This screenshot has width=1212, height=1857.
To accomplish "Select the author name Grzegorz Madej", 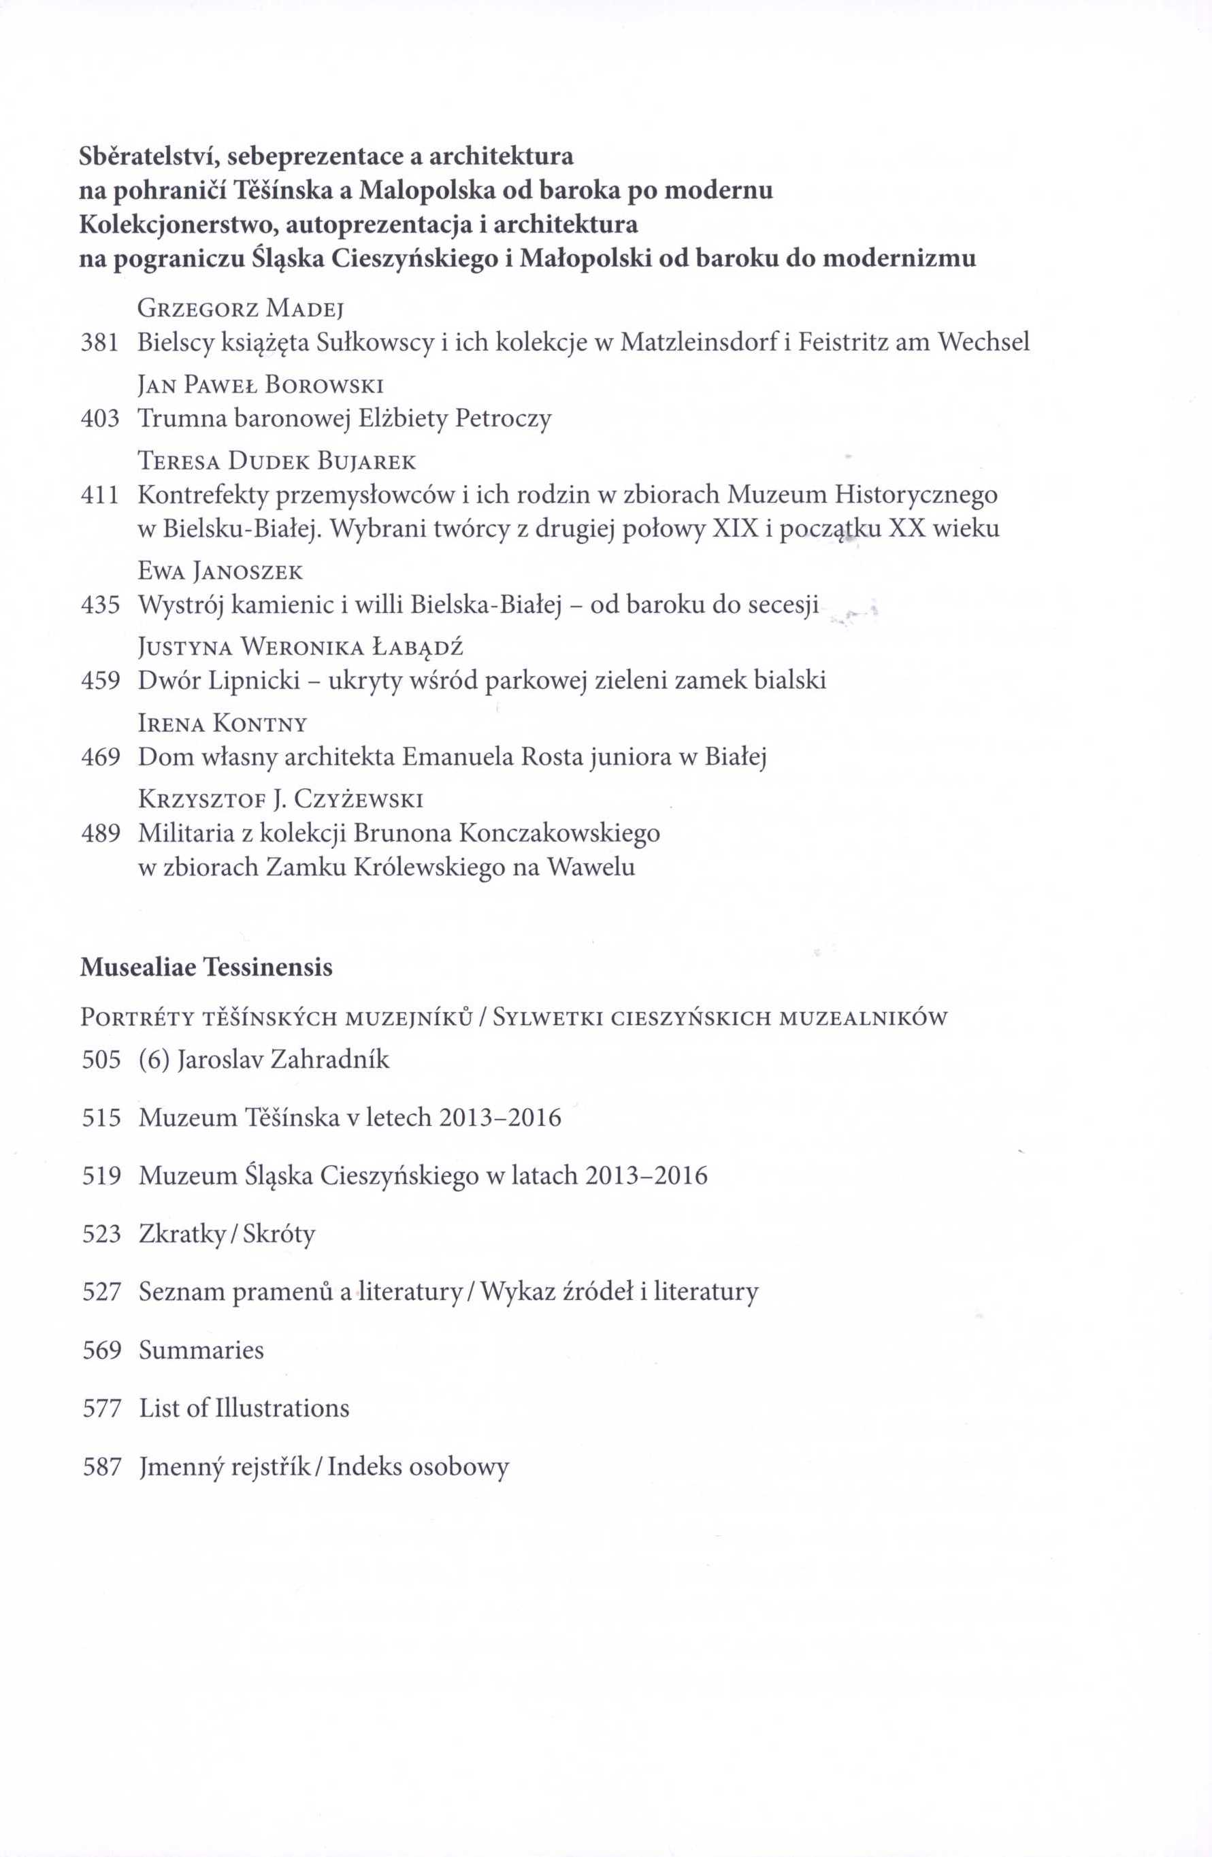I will click(241, 308).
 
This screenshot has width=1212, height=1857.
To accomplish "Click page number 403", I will click(100, 419).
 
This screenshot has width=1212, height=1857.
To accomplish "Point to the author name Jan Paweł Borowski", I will click(261, 386).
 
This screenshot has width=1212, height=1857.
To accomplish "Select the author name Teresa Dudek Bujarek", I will click(277, 462).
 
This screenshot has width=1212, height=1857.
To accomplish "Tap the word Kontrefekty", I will click(203, 495).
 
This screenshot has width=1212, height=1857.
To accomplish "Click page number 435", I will click(100, 605).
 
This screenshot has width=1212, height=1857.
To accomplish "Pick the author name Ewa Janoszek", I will click(220, 572).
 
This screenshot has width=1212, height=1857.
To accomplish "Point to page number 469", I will click(101, 757).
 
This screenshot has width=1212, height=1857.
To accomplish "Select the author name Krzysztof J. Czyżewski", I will click(280, 800).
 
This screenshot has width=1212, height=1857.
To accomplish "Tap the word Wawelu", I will click(591, 867).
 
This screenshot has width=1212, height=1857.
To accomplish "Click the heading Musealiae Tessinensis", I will click(206, 967).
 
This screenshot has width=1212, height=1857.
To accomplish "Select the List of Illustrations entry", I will click(244, 1408).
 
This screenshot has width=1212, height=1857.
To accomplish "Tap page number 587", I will click(101, 1467).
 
